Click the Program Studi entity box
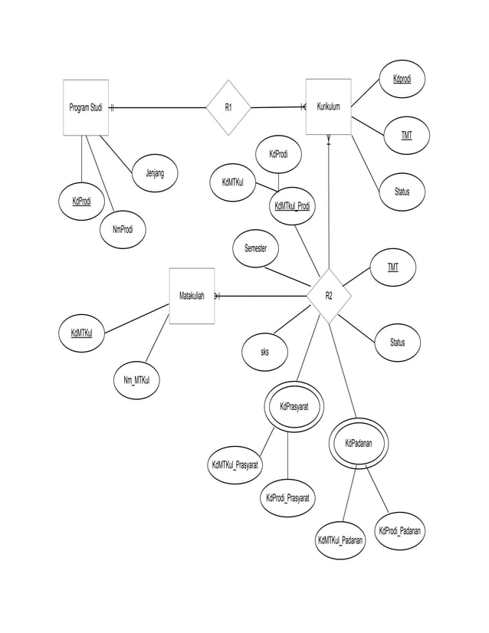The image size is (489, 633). pyautogui.click(x=85, y=107)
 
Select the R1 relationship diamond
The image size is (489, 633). pyautogui.click(x=228, y=107)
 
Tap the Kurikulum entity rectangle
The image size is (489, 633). pyautogui.click(x=328, y=107)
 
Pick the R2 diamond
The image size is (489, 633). pyautogui.click(x=329, y=296)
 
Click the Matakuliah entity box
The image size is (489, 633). pyautogui.click(x=192, y=296)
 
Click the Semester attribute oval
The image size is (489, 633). pyautogui.click(x=257, y=248)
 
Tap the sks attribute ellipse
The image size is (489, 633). pyautogui.click(x=264, y=353)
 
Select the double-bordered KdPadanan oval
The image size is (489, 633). pyautogui.click(x=354, y=443)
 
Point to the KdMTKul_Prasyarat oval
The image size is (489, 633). pyautogui.click(x=236, y=465)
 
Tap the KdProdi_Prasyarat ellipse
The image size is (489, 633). pyautogui.click(x=287, y=498)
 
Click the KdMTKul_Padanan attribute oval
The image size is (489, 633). pyautogui.click(x=341, y=541)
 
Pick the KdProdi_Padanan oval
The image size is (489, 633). pyautogui.click(x=399, y=531)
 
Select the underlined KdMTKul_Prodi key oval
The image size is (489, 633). pyautogui.click(x=292, y=205)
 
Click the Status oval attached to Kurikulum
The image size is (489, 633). pyautogui.click(x=402, y=192)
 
